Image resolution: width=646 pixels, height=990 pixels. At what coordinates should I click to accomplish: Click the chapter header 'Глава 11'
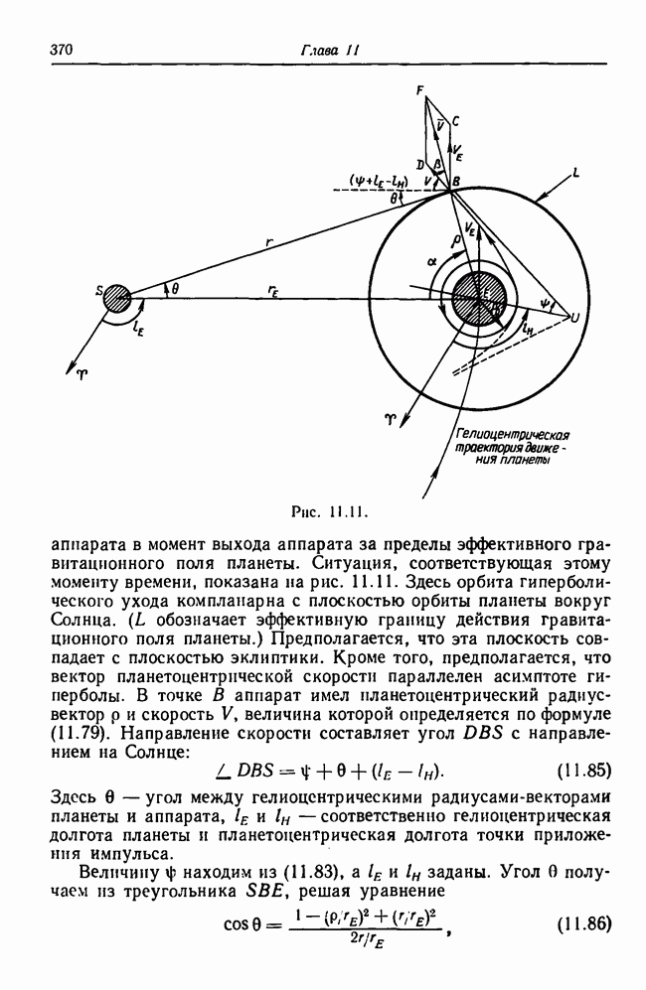click(323, 50)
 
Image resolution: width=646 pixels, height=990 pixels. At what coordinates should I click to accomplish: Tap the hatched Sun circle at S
click(117, 296)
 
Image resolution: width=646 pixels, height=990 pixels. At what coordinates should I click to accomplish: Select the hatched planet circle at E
click(479, 298)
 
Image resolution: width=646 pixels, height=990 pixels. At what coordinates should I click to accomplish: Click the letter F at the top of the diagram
click(420, 90)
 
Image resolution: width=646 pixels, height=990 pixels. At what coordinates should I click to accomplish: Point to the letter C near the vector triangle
click(454, 121)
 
